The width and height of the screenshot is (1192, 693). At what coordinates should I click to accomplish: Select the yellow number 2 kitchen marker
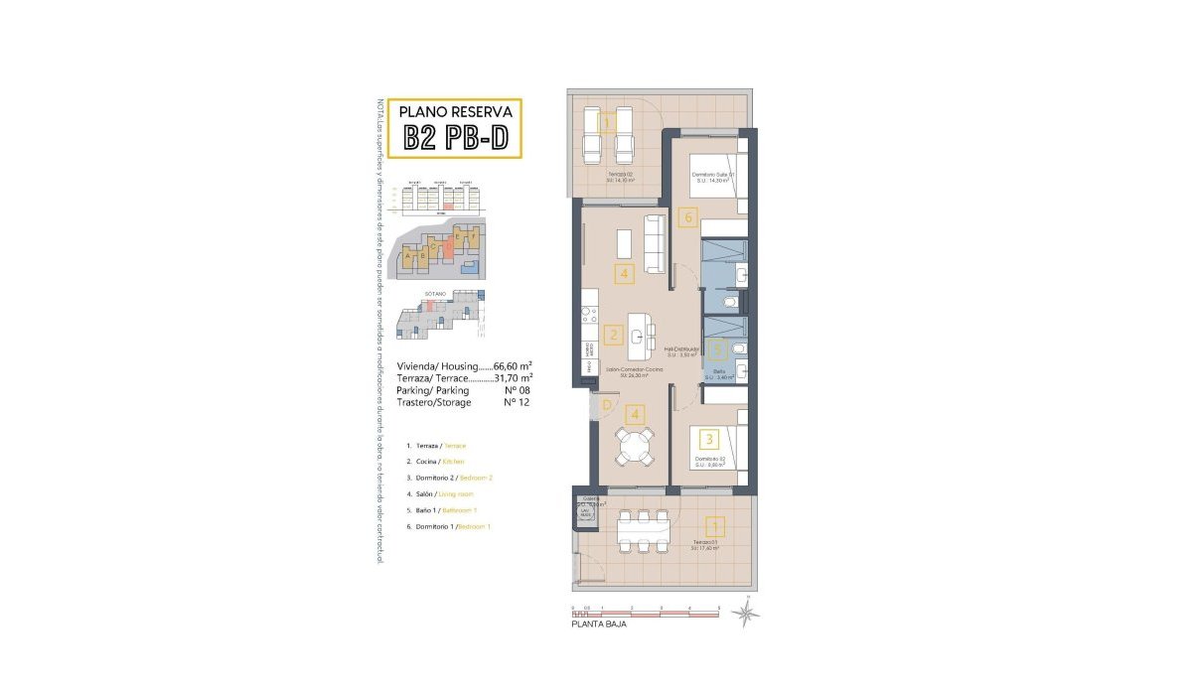613,336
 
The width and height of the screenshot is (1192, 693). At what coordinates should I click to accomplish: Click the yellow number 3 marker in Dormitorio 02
708,438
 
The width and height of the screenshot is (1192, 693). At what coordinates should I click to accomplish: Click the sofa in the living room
655,244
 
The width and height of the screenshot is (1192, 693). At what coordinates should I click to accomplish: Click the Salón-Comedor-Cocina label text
634,369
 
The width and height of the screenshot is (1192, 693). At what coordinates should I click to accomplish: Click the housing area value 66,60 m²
514,365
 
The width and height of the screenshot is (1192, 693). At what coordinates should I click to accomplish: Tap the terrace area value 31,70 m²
514,378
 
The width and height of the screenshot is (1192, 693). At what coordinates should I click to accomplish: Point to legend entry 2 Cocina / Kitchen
443,462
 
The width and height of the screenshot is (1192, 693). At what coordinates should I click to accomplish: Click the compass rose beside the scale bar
745,613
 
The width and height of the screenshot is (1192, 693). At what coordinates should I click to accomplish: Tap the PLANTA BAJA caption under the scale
599,625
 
